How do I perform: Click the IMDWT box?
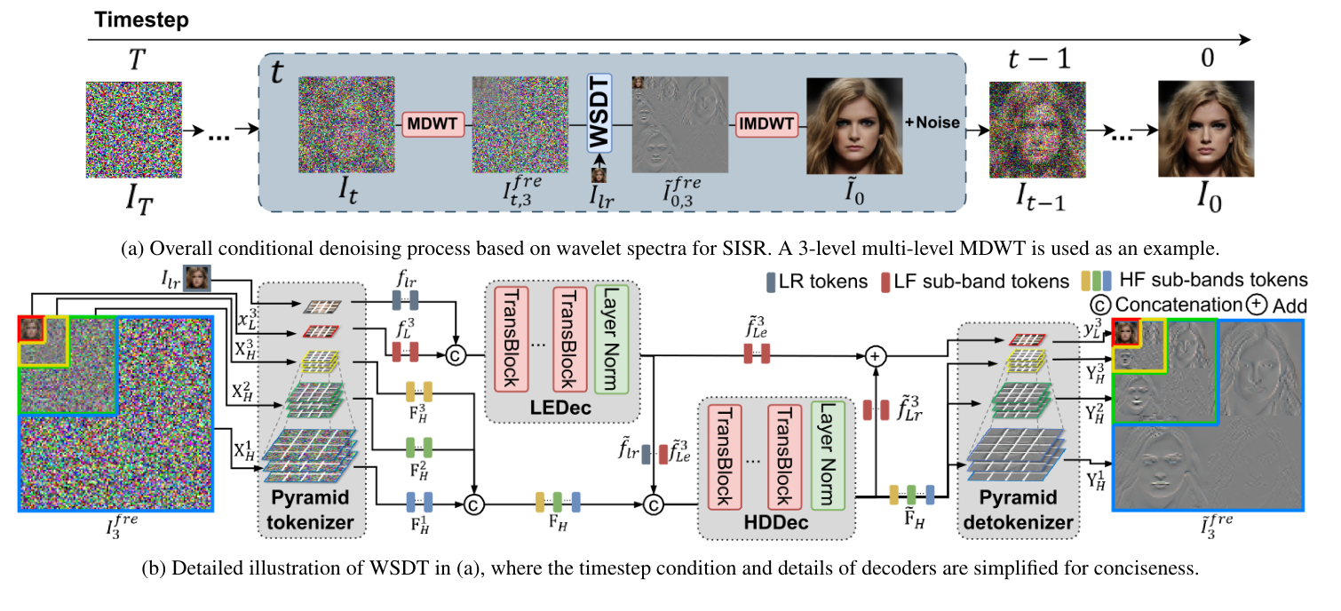coord(768,124)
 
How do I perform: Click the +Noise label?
coord(932,123)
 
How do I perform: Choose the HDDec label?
coord(774,524)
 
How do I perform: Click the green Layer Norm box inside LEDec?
coord(610,338)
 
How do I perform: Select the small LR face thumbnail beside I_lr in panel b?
coord(196,277)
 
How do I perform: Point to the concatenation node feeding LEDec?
coord(459,356)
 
